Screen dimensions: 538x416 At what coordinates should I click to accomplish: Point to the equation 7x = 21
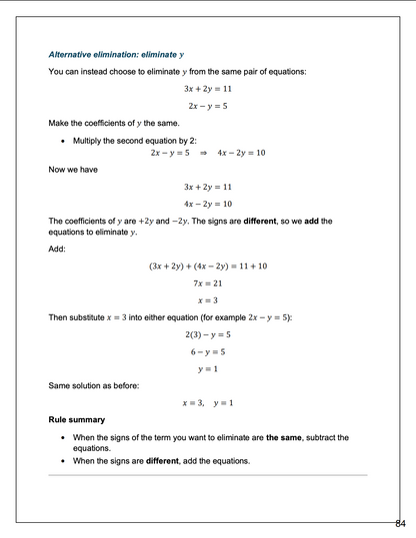[207, 283]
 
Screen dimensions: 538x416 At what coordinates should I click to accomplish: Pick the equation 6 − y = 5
[207, 351]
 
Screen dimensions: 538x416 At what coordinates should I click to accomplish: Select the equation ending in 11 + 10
[207, 266]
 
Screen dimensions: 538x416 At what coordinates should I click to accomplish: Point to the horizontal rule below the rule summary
[207, 475]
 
